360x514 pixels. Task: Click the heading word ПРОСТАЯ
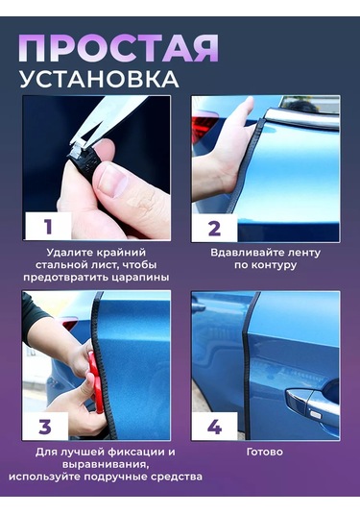(x=118, y=48)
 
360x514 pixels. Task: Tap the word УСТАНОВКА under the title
(x=100, y=79)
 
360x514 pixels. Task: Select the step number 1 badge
(x=49, y=226)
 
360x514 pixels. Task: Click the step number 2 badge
(x=214, y=229)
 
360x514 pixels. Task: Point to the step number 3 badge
(x=45, y=427)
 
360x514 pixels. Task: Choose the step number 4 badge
(x=214, y=427)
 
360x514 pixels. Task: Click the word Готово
(x=265, y=453)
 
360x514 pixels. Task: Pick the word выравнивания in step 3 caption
(x=105, y=465)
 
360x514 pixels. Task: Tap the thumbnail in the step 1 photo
(x=113, y=182)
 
